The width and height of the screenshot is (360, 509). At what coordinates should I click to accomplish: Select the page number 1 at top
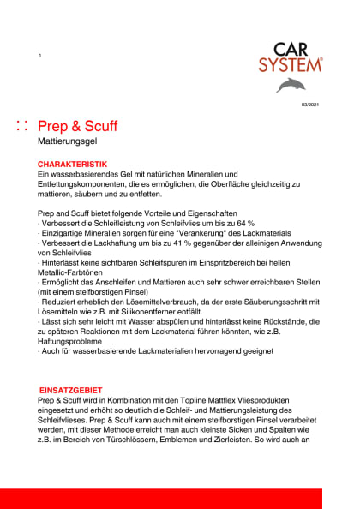[x=39, y=56]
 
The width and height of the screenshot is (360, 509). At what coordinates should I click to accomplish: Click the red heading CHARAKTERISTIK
[x=72, y=163]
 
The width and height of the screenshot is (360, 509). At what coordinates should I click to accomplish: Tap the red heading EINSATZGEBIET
[x=72, y=390]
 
